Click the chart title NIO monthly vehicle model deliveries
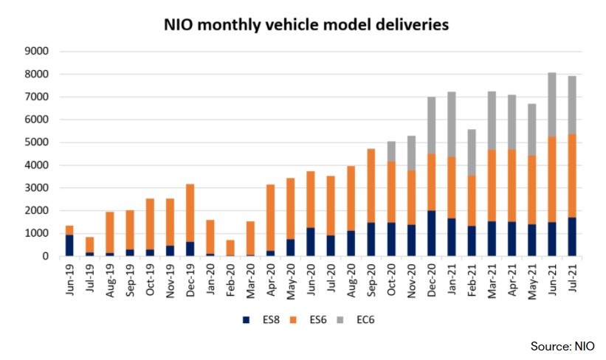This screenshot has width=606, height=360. (x=306, y=25)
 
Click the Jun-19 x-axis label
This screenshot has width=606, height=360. (x=69, y=280)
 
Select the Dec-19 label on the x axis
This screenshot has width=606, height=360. (x=190, y=280)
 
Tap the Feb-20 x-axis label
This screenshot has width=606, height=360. (x=230, y=280)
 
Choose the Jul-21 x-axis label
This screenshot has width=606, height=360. (x=572, y=280)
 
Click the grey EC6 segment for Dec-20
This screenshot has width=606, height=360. (x=430, y=125)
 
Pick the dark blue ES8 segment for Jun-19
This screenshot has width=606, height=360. (x=69, y=246)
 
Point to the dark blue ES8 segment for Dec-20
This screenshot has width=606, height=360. (x=430, y=234)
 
